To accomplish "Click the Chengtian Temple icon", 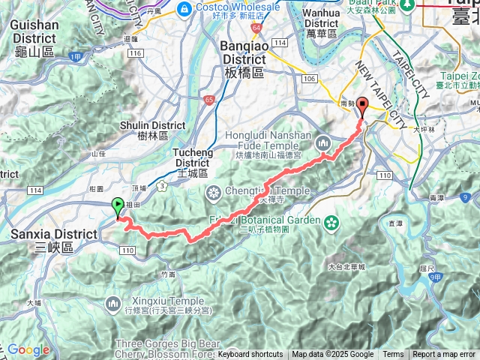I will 214,191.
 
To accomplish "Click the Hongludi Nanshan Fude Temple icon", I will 323,141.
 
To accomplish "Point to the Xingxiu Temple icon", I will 114,302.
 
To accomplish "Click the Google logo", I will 28,349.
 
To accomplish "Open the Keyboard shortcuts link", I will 250,355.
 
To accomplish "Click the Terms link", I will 393,355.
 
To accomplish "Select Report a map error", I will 444,355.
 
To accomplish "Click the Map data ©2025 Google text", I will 333,355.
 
